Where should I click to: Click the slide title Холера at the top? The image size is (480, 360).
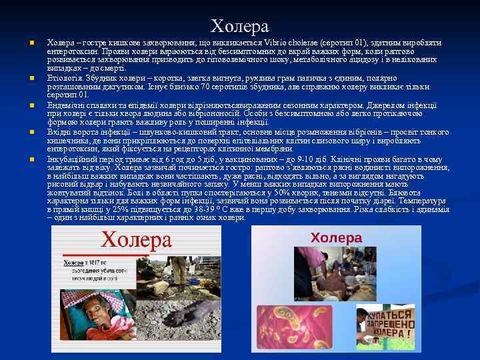tap(240, 26)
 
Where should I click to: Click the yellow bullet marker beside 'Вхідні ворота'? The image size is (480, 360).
tap(31, 133)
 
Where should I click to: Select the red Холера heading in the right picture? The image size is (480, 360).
tap(337, 237)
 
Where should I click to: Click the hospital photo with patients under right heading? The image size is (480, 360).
tap(337, 273)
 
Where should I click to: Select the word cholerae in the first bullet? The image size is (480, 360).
tap(305, 43)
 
